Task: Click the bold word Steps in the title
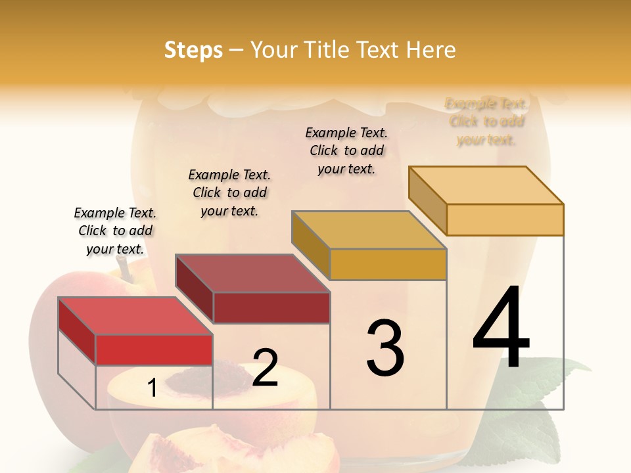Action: pyautogui.click(x=193, y=50)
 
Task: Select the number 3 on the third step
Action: pyautogui.click(x=385, y=348)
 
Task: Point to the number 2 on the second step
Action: pyautogui.click(x=265, y=368)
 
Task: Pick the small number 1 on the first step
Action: pyautogui.click(x=152, y=388)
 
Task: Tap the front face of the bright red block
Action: pyautogui.click(x=154, y=349)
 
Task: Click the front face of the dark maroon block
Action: pyautogui.click(x=271, y=307)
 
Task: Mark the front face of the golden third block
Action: pyautogui.click(x=388, y=264)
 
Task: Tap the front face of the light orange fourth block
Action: pyautogui.click(x=505, y=219)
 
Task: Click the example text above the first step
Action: pyautogui.click(x=115, y=231)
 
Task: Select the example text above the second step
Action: pyautogui.click(x=229, y=192)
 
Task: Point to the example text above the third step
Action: pyautogui.click(x=346, y=150)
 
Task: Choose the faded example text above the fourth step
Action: pyautogui.click(x=486, y=122)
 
